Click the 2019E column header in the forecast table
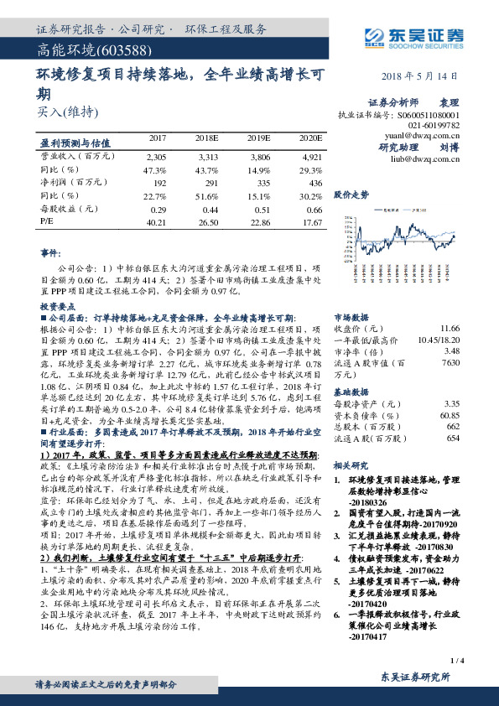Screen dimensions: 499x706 pos(260,137)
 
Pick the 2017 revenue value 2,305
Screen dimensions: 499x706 pos(156,156)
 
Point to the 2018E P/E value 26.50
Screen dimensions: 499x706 pos(209,222)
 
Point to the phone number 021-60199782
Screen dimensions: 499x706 pos(438,124)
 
